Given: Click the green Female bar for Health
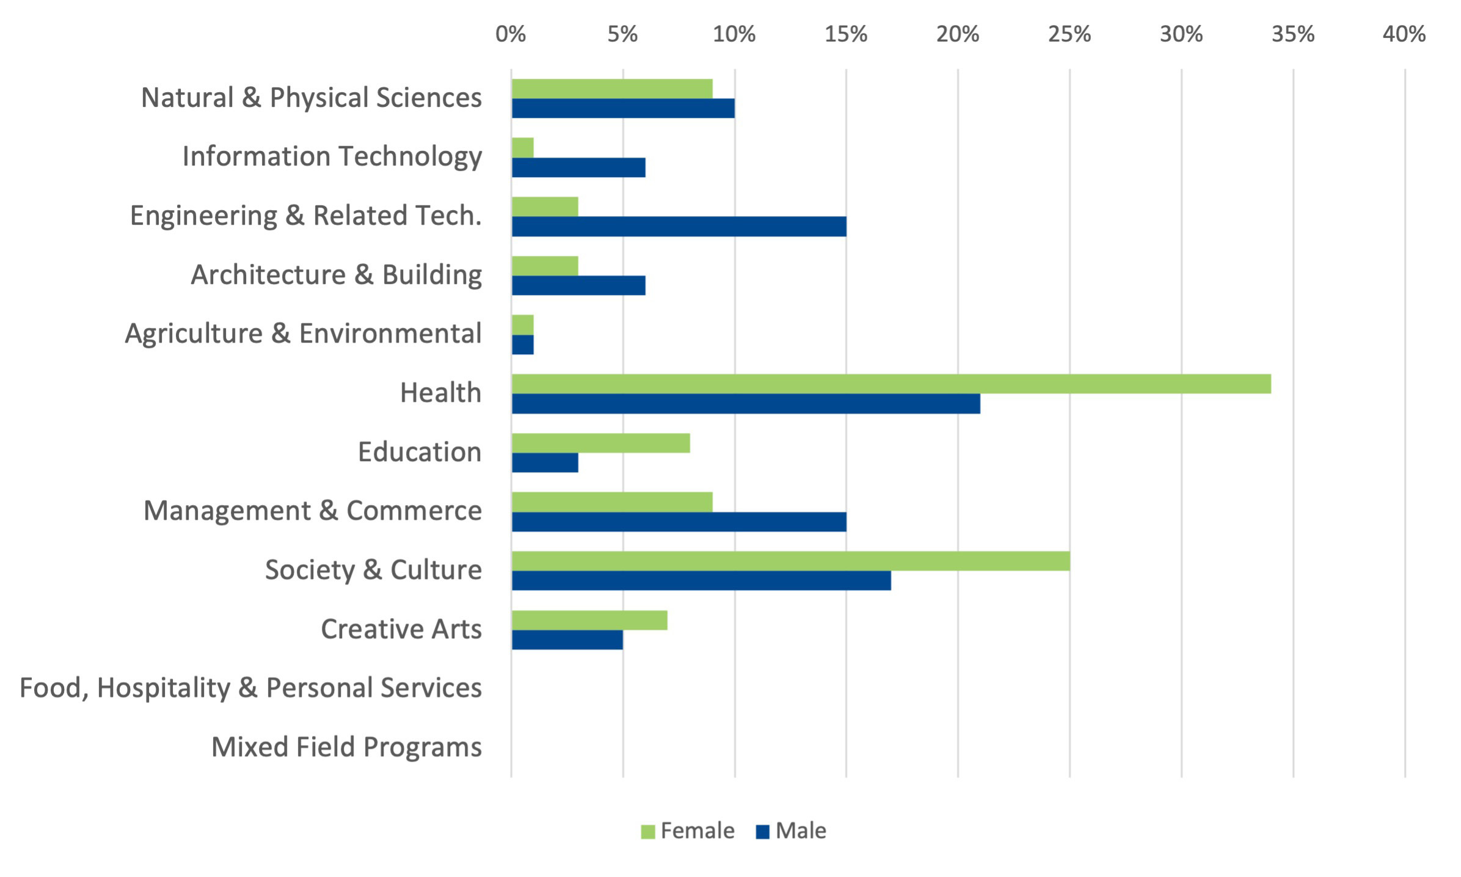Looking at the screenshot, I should (x=891, y=384).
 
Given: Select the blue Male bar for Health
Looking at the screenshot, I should (x=746, y=404).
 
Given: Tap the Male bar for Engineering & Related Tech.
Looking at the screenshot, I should (x=679, y=227).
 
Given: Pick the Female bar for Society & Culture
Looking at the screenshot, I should (x=790, y=561).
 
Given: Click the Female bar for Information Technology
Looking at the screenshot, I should (x=523, y=147).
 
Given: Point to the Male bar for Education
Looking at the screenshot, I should (x=545, y=463).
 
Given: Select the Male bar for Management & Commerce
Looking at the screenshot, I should (x=679, y=522).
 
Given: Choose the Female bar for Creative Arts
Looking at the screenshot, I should (x=589, y=620).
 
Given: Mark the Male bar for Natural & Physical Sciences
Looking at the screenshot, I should (x=623, y=108).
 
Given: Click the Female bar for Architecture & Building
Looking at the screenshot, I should (x=545, y=266).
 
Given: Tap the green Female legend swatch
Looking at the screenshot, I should (x=647, y=832).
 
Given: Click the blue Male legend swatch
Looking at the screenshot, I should (x=762, y=832).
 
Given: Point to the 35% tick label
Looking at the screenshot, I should (x=1292, y=34).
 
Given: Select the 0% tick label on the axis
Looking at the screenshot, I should (x=511, y=34).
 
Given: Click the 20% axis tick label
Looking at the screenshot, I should (x=957, y=34).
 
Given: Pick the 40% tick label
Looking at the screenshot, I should (x=1404, y=34).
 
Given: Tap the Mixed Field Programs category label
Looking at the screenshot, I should (x=346, y=747).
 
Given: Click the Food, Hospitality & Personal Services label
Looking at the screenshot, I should (x=250, y=688).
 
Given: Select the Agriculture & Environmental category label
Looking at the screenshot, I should (x=303, y=333).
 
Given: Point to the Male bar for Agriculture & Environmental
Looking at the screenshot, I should (x=523, y=344).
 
